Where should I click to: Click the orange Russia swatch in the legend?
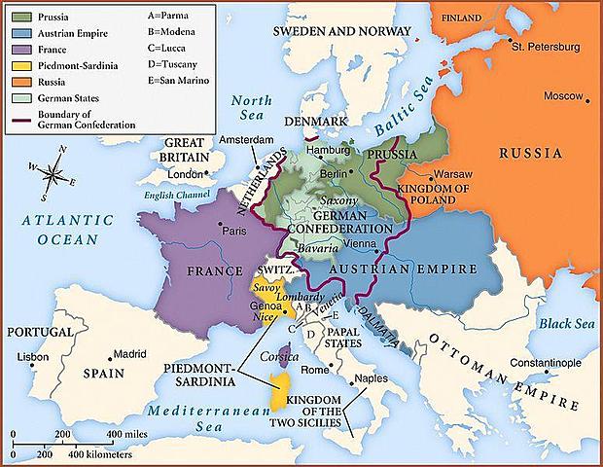(x=18, y=83)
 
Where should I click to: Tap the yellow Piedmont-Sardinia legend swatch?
(x=18, y=66)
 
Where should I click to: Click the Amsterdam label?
(x=246, y=140)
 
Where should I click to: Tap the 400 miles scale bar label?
(x=126, y=432)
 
